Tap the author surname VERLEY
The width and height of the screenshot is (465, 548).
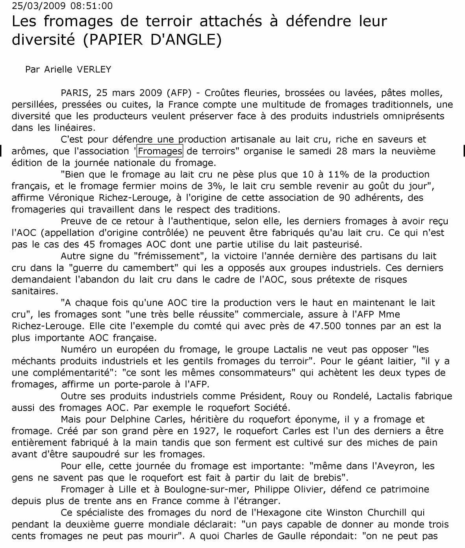coord(94,69)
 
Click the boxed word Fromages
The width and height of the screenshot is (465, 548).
coord(160,151)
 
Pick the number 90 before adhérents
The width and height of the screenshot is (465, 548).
coord(345,198)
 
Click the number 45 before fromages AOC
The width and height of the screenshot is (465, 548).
coord(89,244)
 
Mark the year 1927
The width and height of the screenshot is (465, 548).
coord(204,431)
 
